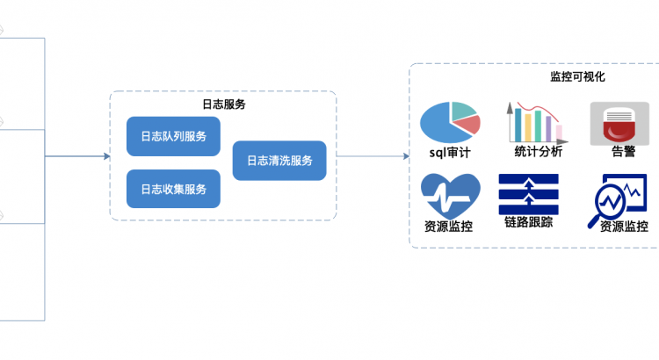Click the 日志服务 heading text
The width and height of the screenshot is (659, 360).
pyautogui.click(x=223, y=104)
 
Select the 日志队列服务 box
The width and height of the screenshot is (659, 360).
pyautogui.click(x=173, y=136)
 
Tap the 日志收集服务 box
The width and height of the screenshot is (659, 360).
pyautogui.click(x=173, y=189)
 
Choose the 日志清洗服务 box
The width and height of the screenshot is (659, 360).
pyautogui.click(x=279, y=161)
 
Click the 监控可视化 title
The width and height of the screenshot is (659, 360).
pyautogui.click(x=577, y=76)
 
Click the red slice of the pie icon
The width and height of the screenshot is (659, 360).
pyautogui.click(x=470, y=125)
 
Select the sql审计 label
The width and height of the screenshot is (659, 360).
pyautogui.click(x=450, y=152)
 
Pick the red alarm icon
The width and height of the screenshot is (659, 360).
pyautogui.click(x=619, y=122)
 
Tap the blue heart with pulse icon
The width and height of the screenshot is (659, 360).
pyautogui.click(x=450, y=195)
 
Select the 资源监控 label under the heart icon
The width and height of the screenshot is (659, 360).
pyautogui.click(x=449, y=226)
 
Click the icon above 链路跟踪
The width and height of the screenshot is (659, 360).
pyautogui.click(x=529, y=193)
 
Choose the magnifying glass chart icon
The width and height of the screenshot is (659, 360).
pyautogui.click(x=617, y=197)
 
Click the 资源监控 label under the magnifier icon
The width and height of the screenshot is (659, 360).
pyautogui.click(x=623, y=226)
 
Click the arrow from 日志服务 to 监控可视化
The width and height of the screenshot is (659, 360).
pyautogui.click(x=373, y=156)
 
